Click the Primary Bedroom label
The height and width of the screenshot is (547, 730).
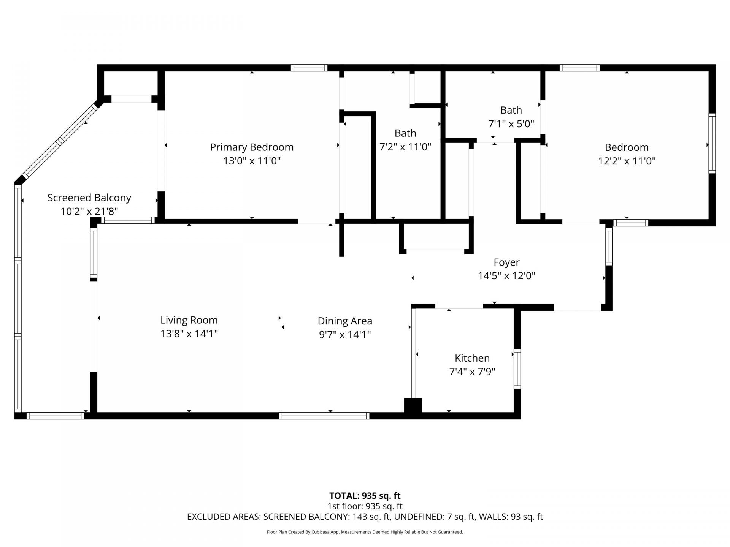coord(252,147)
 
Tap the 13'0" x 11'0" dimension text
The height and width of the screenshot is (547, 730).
coord(252,161)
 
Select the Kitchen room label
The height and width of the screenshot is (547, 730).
coord(472,358)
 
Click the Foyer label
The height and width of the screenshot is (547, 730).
coord(506,262)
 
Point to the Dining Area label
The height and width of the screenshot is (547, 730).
coord(345,321)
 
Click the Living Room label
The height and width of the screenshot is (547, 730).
coord(189,320)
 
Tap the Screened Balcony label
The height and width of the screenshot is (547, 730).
coord(89,198)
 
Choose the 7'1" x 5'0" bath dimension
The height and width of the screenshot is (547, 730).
coord(511,124)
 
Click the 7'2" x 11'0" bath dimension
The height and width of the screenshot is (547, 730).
coord(405,147)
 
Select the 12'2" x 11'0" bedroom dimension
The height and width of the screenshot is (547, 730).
coord(627,161)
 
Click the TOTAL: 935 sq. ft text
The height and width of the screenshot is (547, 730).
coord(365,496)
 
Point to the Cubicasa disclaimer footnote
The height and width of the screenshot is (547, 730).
coord(365,532)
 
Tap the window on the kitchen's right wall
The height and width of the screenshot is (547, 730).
coord(517,368)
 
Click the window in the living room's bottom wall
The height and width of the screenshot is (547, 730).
coord(324,416)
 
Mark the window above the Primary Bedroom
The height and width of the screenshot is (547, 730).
coord(309,68)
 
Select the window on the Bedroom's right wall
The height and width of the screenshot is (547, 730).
coord(712,143)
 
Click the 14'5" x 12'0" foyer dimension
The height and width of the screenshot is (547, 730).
coord(506,276)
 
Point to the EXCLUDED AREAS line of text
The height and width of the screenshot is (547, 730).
coord(365,517)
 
